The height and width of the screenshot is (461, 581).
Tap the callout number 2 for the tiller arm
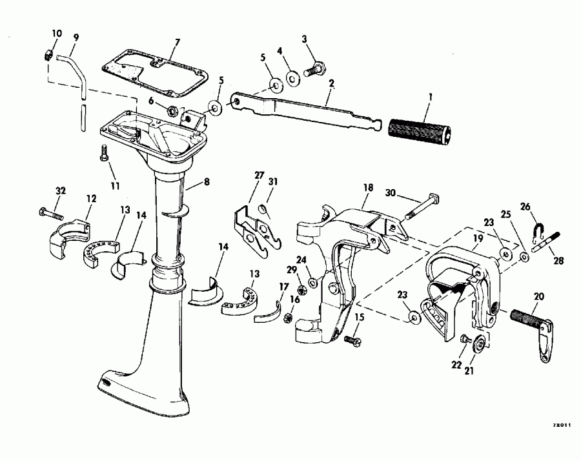point(331,83)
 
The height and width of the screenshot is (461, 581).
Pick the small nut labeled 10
point(48,55)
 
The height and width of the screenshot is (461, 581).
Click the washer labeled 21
point(480,343)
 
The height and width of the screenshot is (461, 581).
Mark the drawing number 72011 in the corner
point(560,425)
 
